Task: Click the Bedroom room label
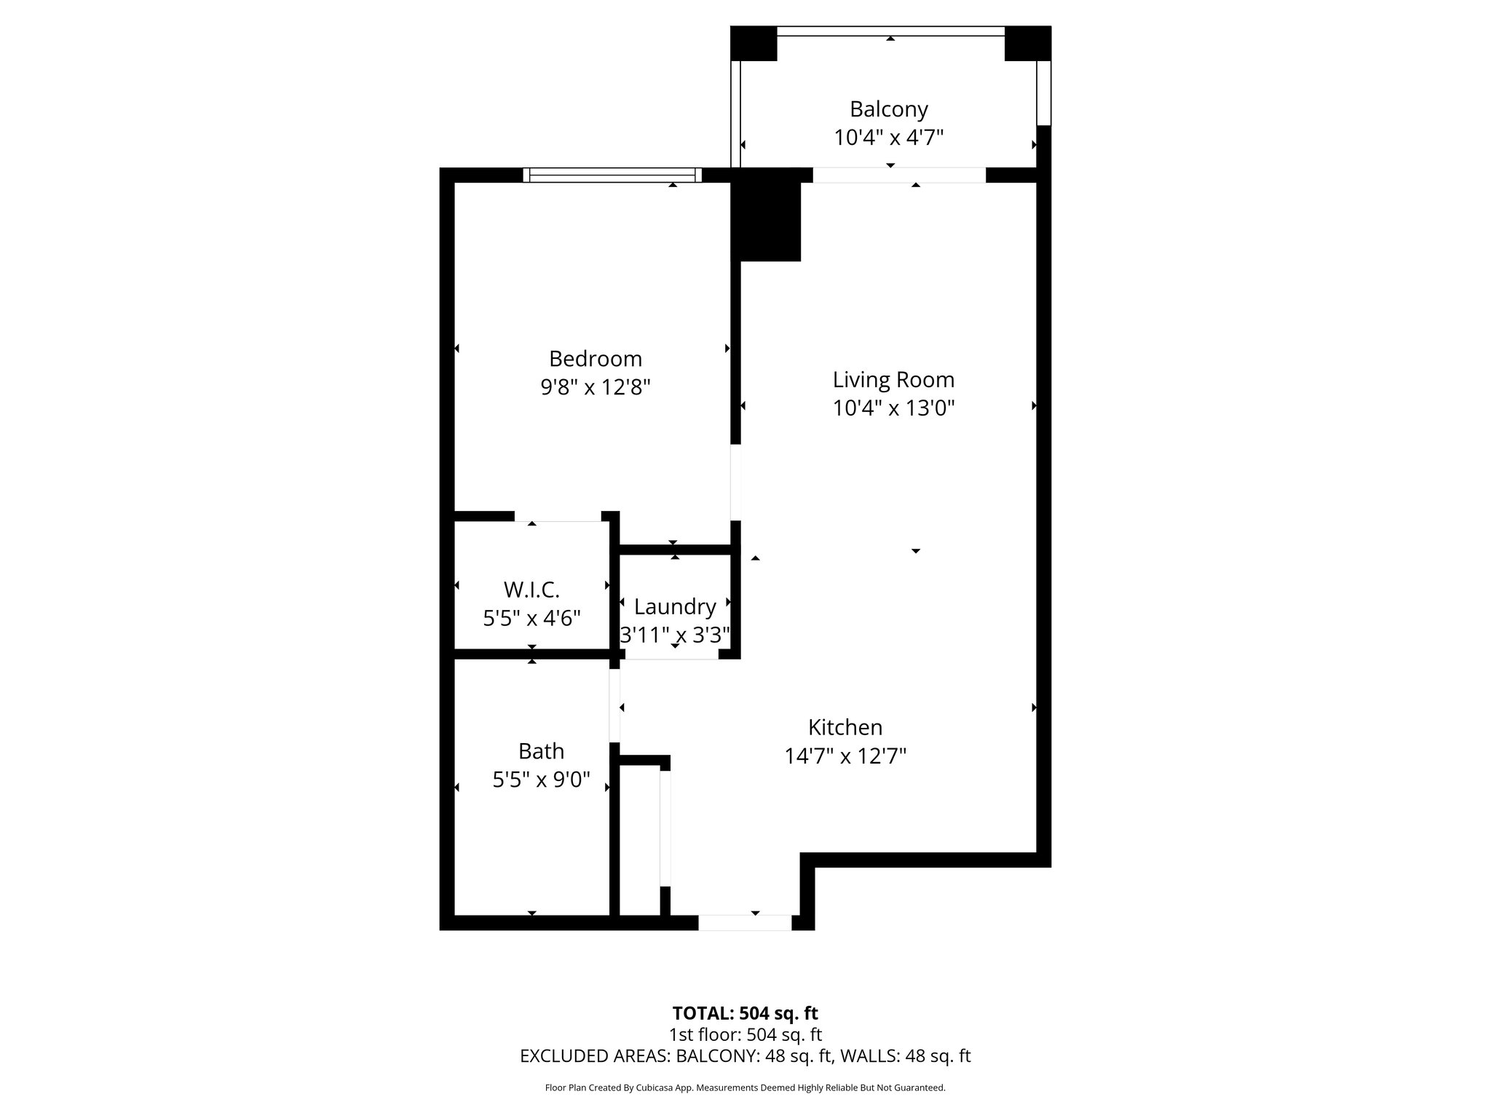[x=596, y=359]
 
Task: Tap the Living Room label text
[x=893, y=380]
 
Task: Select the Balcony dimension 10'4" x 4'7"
[x=889, y=138]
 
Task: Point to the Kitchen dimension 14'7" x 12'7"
[x=845, y=756]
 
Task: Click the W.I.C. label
[x=531, y=590]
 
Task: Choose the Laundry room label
[x=675, y=606]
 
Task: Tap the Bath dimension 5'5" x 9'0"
[x=541, y=780]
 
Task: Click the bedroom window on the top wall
[x=612, y=175]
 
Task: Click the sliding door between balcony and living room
[x=899, y=175]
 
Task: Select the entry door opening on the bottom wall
[x=745, y=922]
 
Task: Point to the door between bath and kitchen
[x=614, y=706]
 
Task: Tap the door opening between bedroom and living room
[x=736, y=483]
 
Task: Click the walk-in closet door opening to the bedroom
[x=558, y=517]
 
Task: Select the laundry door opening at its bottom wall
[x=672, y=654]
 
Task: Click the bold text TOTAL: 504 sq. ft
[x=745, y=1013]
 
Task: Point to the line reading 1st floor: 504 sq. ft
[x=745, y=1034]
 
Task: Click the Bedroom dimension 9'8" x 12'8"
[x=596, y=387]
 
